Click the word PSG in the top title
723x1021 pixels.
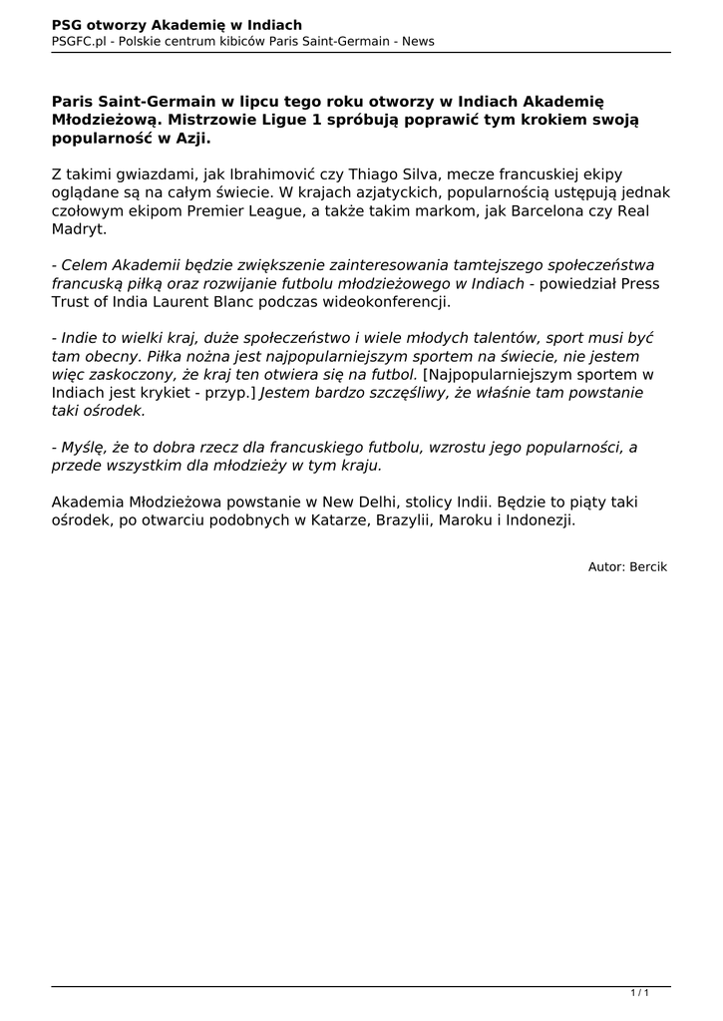[68, 24]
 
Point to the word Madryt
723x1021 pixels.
[79, 229]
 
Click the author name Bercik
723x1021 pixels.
[648, 566]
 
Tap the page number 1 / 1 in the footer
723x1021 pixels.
[640, 992]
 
